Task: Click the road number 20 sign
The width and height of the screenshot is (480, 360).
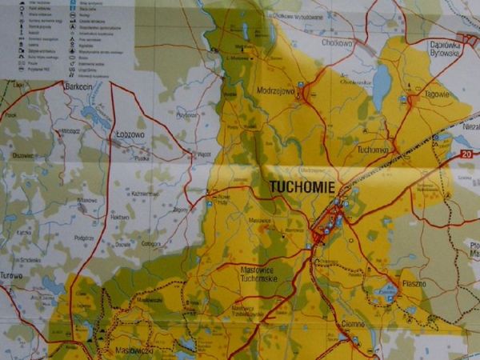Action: click(465, 152)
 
